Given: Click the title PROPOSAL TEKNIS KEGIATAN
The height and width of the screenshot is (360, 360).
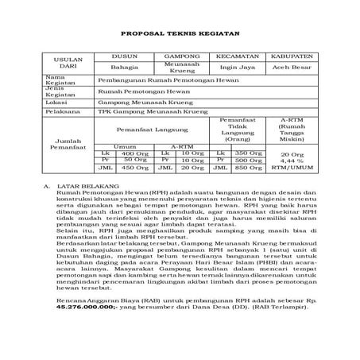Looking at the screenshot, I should point(180,34).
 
